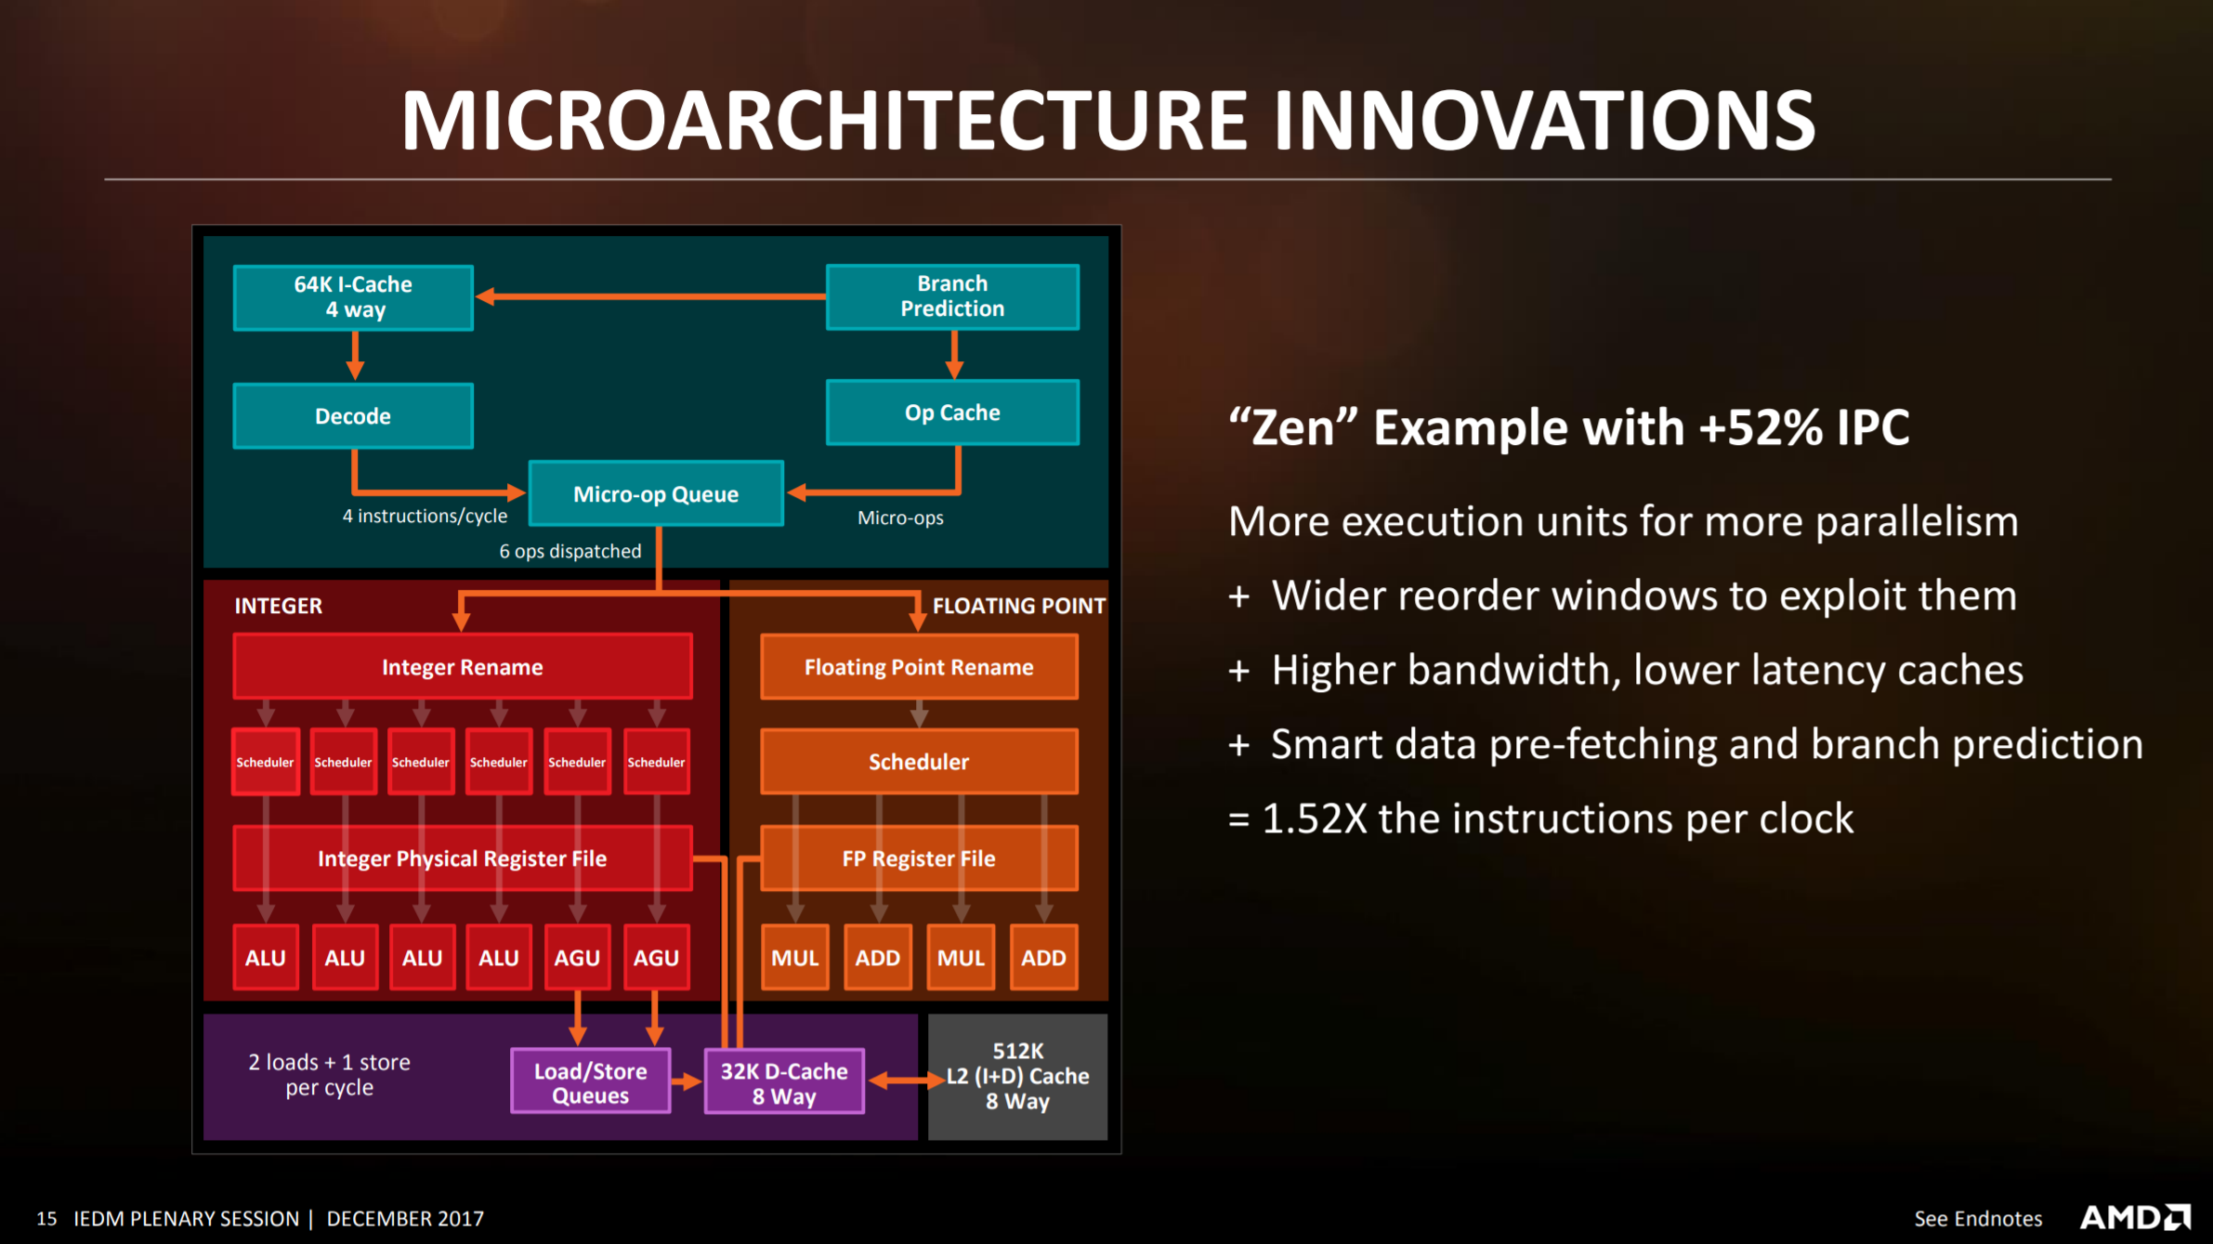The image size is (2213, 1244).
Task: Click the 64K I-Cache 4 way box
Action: click(x=353, y=297)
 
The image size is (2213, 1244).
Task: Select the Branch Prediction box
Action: click(x=952, y=296)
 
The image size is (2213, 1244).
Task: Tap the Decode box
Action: click(x=353, y=416)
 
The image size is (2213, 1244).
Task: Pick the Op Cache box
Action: click(x=952, y=412)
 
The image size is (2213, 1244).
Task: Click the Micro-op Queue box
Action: click(x=656, y=493)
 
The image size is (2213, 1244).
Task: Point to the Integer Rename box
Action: click(x=463, y=666)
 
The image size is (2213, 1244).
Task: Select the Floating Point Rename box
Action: click(x=919, y=666)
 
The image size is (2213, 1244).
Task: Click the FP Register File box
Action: click(x=919, y=858)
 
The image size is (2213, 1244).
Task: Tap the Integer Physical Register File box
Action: click(x=463, y=858)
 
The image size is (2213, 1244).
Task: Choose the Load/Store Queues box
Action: click(x=591, y=1081)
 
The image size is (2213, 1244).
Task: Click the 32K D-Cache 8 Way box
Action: click(x=784, y=1081)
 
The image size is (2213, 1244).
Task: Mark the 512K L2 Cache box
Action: click(x=1017, y=1077)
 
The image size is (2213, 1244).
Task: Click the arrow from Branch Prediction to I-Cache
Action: click(x=650, y=296)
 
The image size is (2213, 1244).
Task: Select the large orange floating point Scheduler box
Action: click(x=919, y=762)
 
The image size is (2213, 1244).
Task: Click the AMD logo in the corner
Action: click(x=2135, y=1217)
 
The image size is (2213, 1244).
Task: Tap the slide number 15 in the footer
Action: click(x=46, y=1218)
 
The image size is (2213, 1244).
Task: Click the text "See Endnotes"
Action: click(x=1978, y=1218)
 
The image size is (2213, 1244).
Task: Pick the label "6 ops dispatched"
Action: click(x=570, y=551)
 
